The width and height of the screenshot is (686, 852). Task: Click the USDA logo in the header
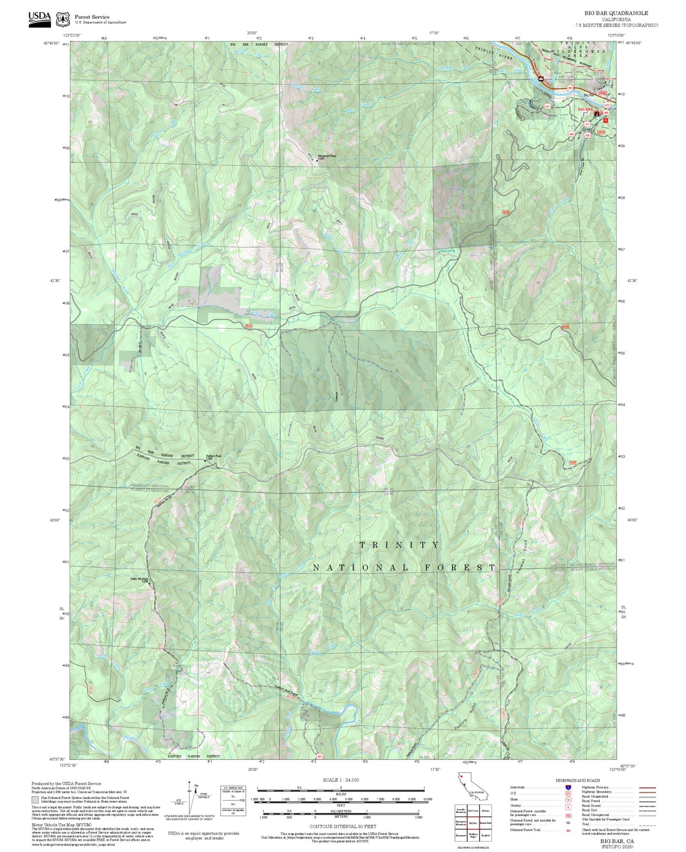[39, 19]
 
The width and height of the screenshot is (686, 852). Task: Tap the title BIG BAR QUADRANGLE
[616, 13]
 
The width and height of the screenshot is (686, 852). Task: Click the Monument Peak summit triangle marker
[317, 161]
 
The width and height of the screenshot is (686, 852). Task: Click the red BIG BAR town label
[585, 110]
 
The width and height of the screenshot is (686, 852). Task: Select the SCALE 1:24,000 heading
[340, 780]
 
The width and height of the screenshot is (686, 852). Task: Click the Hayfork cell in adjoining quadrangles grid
[485, 834]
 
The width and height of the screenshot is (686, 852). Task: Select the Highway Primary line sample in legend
[648, 787]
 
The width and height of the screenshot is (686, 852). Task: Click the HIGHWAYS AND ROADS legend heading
[578, 780]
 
